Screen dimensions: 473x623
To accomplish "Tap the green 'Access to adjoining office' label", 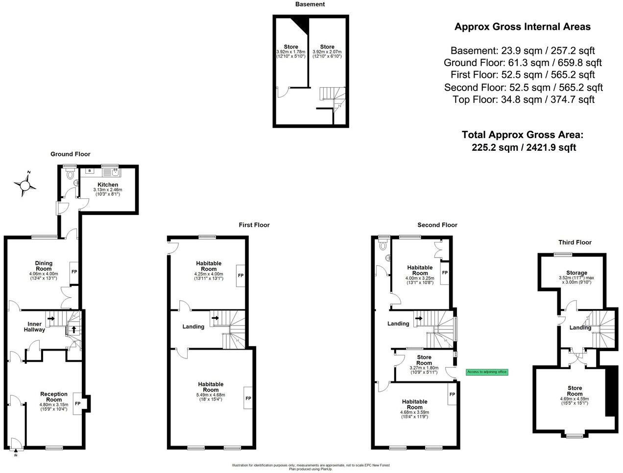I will (x=487, y=372).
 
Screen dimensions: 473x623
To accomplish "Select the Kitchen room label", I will (x=107, y=185).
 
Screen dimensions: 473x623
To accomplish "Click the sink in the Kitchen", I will (x=114, y=172).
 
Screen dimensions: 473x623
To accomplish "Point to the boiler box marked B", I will (x=90, y=171).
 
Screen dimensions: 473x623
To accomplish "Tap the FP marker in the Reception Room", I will (x=77, y=404).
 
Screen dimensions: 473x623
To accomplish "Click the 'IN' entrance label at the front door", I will (x=15, y=455).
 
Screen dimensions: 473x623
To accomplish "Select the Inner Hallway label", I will (x=34, y=327).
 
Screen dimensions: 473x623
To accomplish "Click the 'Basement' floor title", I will (x=310, y=4).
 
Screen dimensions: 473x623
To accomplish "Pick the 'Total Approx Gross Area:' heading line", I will (x=523, y=135).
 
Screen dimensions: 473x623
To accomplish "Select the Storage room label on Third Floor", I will (x=576, y=273).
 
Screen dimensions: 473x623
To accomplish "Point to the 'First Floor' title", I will (x=254, y=225).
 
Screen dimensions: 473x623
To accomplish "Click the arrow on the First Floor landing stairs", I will (x=215, y=318).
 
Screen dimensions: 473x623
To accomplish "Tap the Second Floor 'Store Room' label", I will (x=424, y=360).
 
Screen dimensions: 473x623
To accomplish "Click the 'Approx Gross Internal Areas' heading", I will (x=522, y=27).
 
